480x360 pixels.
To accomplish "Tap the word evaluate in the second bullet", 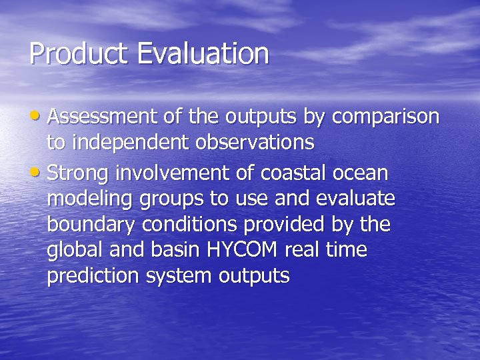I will click(360, 199).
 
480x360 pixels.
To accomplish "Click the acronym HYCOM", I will click(242, 251).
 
